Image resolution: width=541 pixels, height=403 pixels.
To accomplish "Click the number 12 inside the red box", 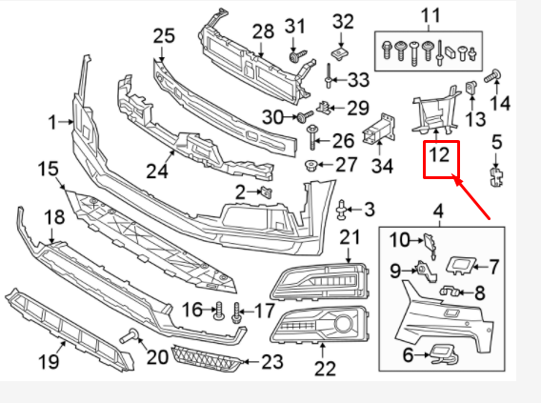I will (x=440, y=155).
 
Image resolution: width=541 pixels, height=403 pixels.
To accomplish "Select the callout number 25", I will (x=164, y=36).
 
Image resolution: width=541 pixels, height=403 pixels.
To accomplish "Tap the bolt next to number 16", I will (x=218, y=312).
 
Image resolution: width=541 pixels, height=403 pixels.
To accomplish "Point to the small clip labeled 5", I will (x=495, y=174).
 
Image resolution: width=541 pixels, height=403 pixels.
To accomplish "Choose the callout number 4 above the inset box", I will (x=437, y=211).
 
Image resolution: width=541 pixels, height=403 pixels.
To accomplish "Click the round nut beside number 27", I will (x=311, y=167).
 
